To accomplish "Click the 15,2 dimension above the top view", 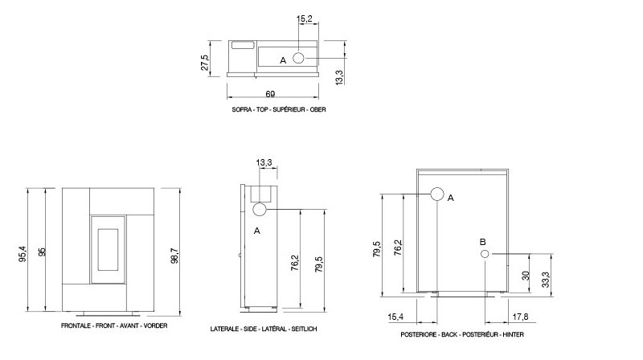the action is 305,18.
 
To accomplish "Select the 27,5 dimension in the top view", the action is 205,63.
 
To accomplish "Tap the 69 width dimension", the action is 270,94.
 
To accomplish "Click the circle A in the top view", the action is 298,58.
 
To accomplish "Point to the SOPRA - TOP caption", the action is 279,109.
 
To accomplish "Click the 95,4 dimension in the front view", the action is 23,254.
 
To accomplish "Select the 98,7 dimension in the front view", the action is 175,255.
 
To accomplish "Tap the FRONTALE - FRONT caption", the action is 114,325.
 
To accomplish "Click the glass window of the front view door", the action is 108,249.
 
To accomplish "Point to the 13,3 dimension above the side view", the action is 264,163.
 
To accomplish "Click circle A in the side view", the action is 260,210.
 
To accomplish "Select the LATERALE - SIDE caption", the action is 264,329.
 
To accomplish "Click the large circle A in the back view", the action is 437,194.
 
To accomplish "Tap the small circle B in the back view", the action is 485,254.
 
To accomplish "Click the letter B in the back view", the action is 483,242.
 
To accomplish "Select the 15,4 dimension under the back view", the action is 395,317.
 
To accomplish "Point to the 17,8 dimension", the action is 520,317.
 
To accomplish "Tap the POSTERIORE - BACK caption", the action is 462,334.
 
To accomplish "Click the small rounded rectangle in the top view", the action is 244,45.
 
